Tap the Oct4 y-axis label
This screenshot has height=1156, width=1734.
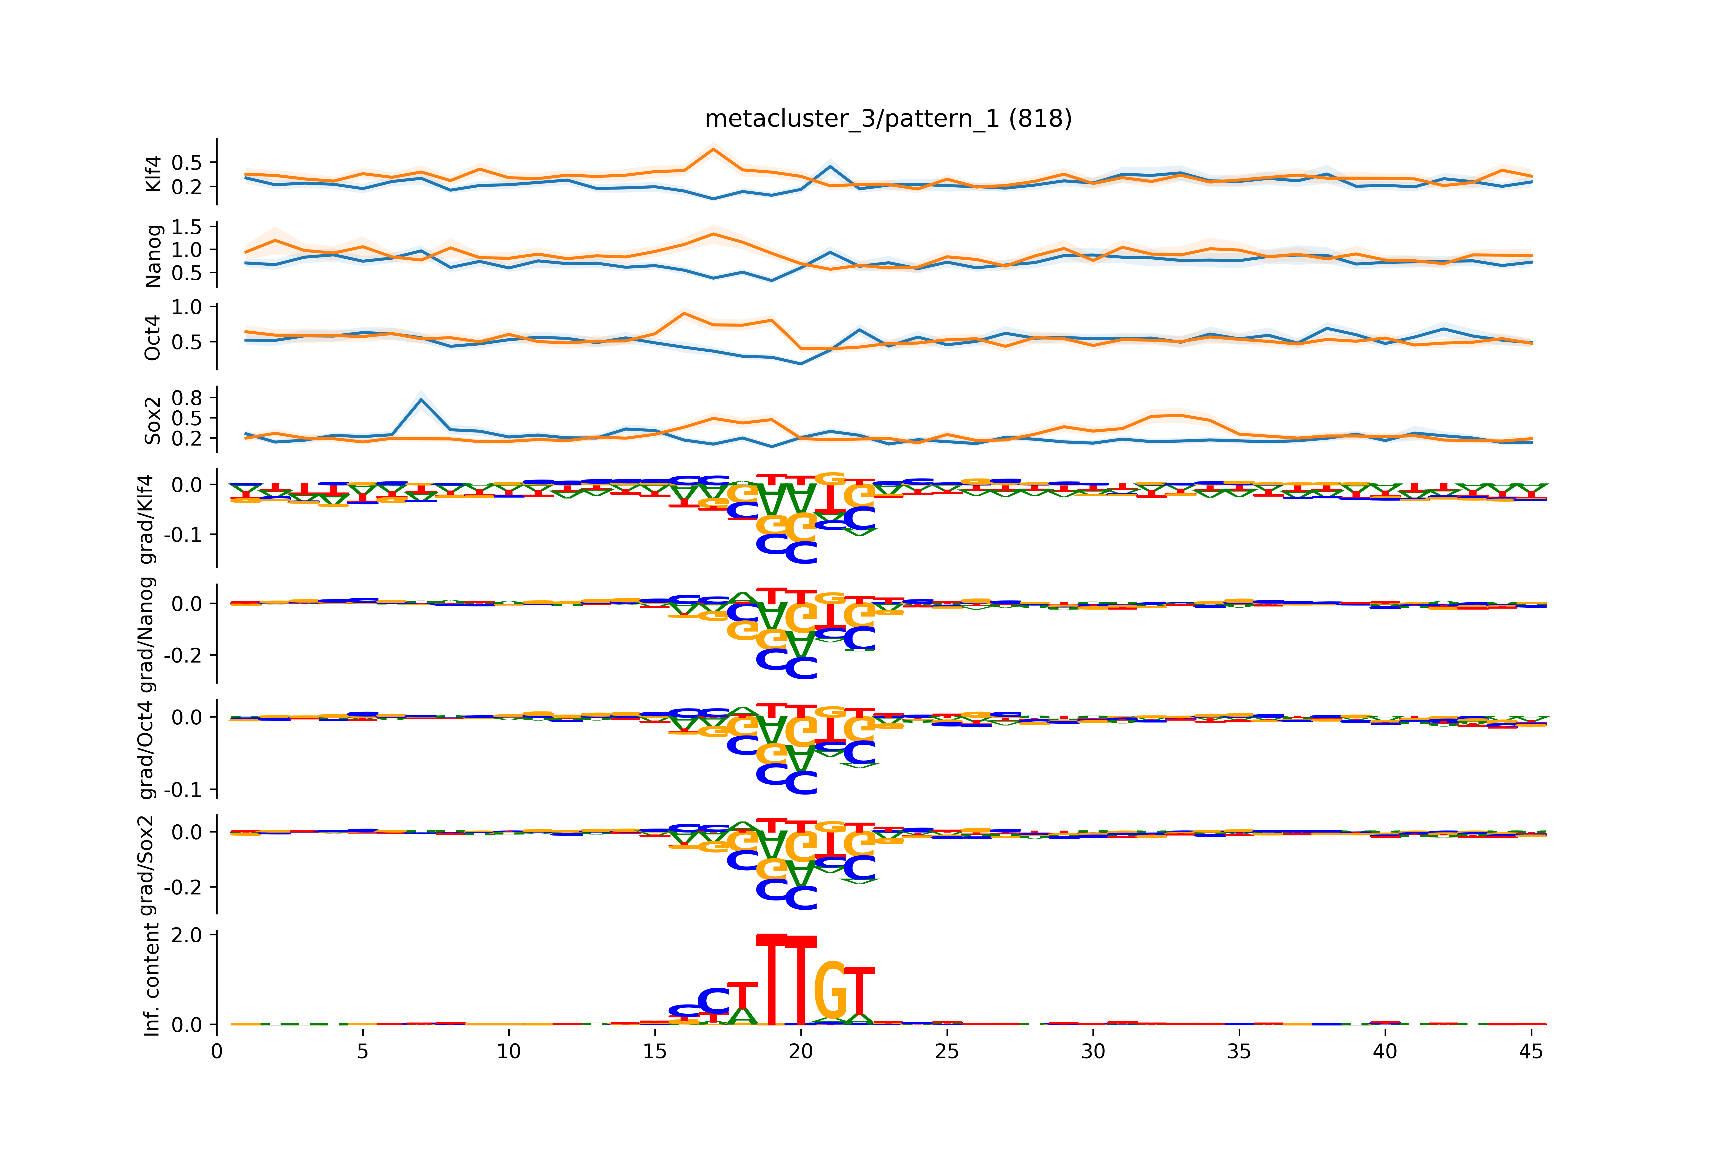click(x=153, y=338)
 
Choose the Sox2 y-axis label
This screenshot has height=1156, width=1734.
click(x=153, y=420)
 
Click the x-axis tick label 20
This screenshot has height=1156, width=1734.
click(x=801, y=1051)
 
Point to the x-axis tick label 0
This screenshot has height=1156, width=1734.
click(x=217, y=1051)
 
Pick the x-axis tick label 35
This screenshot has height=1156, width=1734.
click(x=1239, y=1051)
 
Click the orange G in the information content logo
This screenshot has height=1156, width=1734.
click(x=830, y=992)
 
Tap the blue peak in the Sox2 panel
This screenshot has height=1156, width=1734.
click(x=421, y=400)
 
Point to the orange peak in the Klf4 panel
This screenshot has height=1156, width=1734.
click(x=713, y=150)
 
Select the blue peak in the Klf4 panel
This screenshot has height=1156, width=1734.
click(x=830, y=166)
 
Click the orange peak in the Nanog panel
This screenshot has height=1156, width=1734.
click(x=713, y=234)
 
